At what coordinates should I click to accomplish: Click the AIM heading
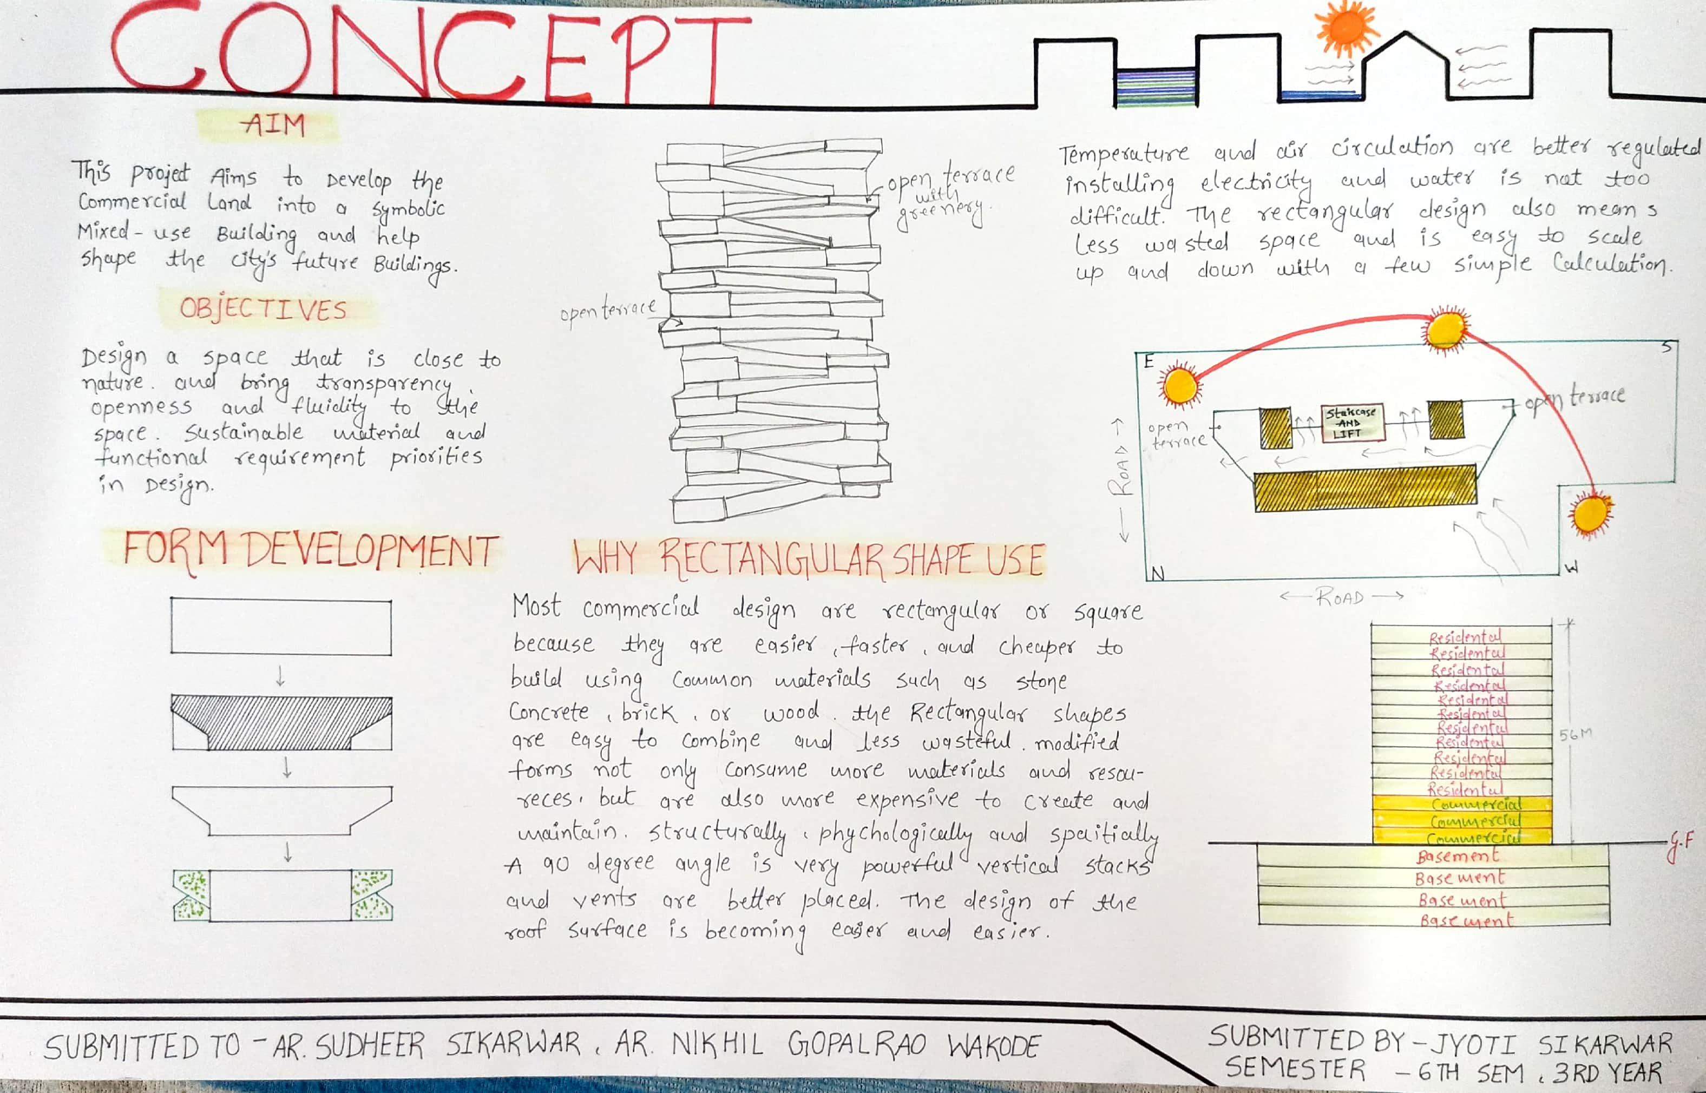273,125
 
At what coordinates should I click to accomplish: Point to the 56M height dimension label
1574,734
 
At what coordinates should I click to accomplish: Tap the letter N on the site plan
1157,574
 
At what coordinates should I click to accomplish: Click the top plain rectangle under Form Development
280,627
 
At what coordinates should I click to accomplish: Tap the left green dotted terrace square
192,895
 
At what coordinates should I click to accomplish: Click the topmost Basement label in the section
1458,856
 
